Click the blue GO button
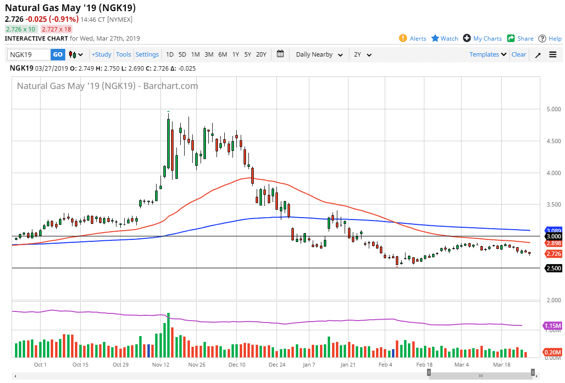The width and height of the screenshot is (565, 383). click(58, 55)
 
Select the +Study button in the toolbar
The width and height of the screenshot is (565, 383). click(101, 55)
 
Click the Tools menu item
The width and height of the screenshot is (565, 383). click(123, 55)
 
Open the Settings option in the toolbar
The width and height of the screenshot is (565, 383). click(147, 55)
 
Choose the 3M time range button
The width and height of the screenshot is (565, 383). click(209, 55)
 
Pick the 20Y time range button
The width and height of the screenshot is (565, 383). click(261, 55)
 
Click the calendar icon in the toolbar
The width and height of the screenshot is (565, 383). click(280, 54)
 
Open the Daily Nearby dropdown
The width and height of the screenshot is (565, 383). click(319, 55)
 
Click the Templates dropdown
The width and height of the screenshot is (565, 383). click(488, 55)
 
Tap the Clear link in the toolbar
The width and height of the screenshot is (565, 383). click(519, 55)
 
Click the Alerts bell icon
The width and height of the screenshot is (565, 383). click(403, 38)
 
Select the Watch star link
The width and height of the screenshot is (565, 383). click(445, 39)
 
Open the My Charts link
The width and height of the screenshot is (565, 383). click(482, 39)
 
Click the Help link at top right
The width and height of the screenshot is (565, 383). click(550, 39)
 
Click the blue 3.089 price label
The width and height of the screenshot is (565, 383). click(553, 231)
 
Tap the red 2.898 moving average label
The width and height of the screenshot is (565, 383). click(553, 243)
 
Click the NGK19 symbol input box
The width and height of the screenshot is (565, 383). click(29, 55)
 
